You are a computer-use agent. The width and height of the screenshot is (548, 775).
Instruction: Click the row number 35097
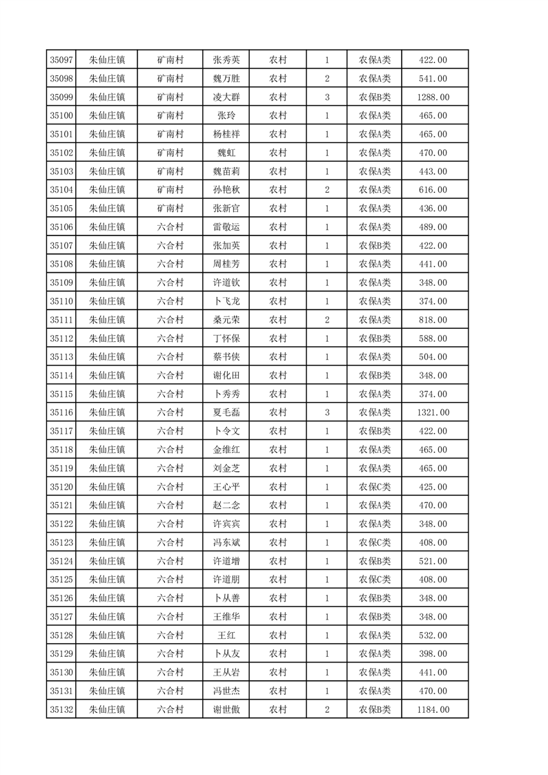[x=62, y=60]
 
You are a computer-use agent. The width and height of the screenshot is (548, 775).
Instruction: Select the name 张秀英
[x=226, y=60]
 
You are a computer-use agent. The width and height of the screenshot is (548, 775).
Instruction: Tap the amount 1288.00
[x=433, y=97]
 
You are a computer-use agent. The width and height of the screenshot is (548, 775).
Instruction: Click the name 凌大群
[x=226, y=97]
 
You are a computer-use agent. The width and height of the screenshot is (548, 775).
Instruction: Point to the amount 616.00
[x=433, y=190]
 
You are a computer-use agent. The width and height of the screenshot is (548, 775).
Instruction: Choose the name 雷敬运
[x=226, y=227]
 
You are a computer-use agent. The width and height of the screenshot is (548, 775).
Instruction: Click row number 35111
[x=62, y=320]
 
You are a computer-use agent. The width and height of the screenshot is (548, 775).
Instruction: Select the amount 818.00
[x=433, y=320]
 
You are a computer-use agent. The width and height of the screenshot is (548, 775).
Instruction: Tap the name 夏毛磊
[x=226, y=412]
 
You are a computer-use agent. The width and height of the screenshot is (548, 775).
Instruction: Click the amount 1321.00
[x=433, y=412]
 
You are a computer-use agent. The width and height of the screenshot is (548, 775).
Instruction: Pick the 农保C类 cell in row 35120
[x=375, y=487]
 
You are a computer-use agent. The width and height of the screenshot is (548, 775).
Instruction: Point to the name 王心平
[x=226, y=487]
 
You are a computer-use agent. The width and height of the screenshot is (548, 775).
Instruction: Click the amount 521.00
[x=433, y=561]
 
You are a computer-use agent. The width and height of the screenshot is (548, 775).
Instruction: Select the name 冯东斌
[x=226, y=542]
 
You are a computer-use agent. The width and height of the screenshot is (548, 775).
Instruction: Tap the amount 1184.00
[x=433, y=709]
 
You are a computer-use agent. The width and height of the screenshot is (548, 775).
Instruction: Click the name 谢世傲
[x=226, y=709]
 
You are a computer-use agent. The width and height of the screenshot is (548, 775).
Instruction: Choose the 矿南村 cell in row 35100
[x=170, y=116]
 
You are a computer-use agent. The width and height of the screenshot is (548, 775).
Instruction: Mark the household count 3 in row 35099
[x=326, y=97]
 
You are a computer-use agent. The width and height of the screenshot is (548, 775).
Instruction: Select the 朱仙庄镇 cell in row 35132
[x=107, y=709]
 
